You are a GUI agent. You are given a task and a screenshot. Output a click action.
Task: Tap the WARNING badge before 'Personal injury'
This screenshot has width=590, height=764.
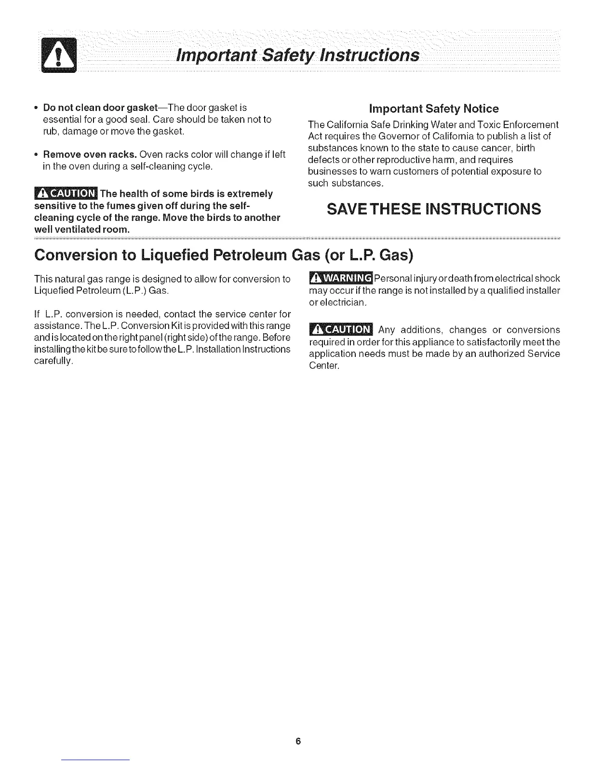pos(340,279)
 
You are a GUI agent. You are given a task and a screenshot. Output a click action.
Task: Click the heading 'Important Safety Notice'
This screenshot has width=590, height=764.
pos(434,109)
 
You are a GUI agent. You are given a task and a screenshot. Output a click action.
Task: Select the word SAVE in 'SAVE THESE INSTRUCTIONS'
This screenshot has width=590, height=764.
pos(349,209)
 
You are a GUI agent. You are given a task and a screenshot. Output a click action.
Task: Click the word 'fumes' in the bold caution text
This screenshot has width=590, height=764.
pos(107,206)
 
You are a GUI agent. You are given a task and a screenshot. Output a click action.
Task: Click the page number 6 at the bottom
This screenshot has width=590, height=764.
pos(298,741)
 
